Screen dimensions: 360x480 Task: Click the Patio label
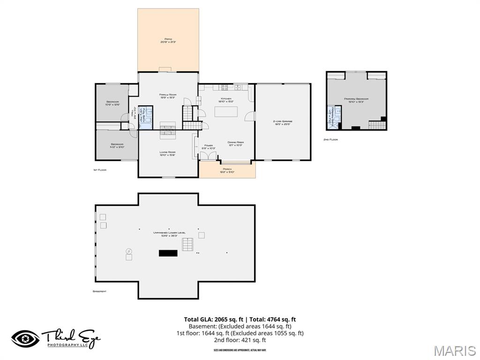pyautogui.click(x=168, y=40)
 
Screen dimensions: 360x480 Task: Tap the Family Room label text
pyautogui.click(x=167, y=96)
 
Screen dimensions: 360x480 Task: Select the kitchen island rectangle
pyautogui.click(x=226, y=112)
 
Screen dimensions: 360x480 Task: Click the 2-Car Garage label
pyautogui.click(x=283, y=122)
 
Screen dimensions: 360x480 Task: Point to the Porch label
pyautogui.click(x=227, y=170)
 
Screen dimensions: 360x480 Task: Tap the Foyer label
pyautogui.click(x=208, y=147)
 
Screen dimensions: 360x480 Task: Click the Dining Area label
pyautogui.click(x=235, y=143)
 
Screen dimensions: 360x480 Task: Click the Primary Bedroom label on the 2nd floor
pyautogui.click(x=356, y=100)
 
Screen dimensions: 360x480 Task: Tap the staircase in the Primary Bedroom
pyautogui.click(x=375, y=125)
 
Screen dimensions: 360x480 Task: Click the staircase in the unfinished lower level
pyautogui.click(x=188, y=245)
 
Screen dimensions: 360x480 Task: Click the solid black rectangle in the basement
pyautogui.click(x=168, y=253)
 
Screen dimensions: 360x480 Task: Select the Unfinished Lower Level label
pyautogui.click(x=169, y=234)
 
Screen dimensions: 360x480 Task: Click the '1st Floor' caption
pyautogui.click(x=99, y=170)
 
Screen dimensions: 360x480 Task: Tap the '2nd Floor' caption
pyautogui.click(x=330, y=140)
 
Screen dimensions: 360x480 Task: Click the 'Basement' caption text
pyautogui.click(x=99, y=292)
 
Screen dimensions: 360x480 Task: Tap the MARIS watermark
pyautogui.click(x=454, y=351)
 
